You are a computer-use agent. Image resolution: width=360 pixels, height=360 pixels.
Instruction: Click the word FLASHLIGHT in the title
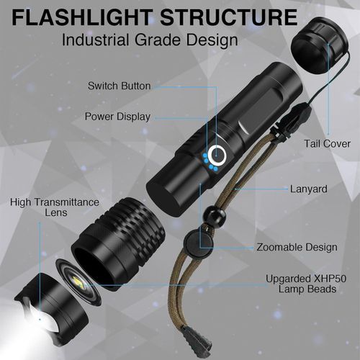82,17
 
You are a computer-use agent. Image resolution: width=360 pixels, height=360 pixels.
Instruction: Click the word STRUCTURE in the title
229,17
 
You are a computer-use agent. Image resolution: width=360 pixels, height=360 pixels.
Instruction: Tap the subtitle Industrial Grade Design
150,40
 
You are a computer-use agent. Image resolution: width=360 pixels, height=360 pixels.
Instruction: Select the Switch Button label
120,86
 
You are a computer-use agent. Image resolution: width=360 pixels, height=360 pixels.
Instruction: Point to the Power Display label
117,117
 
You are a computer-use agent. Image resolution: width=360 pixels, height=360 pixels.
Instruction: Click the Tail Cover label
328,144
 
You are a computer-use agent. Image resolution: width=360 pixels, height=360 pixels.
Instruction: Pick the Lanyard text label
309,189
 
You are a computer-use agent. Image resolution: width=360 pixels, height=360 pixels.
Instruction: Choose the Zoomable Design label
297,247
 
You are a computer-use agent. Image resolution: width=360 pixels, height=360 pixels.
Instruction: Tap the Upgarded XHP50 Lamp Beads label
306,284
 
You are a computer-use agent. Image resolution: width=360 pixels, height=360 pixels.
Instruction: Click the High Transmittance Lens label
55,207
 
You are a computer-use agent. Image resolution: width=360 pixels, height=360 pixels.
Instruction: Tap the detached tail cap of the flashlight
319,45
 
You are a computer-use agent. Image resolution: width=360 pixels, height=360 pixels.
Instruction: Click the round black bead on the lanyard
215,215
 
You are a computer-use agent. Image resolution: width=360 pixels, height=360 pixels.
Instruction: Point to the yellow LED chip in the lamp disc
78,281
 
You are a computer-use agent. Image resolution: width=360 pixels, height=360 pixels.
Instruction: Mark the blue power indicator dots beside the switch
210,163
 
